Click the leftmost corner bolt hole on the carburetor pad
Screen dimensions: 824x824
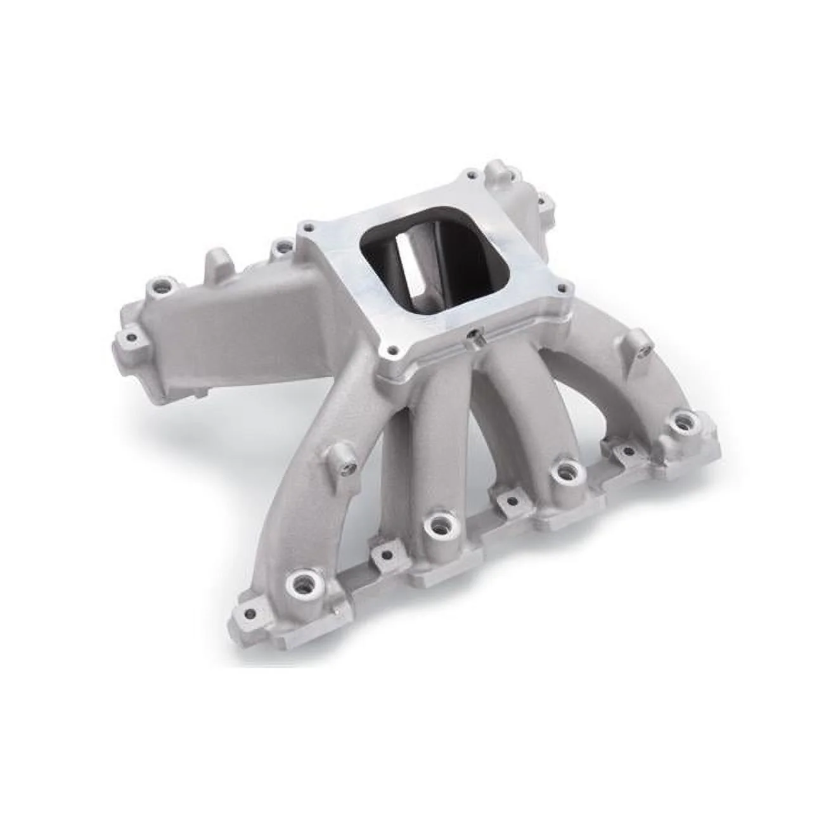point(308,226)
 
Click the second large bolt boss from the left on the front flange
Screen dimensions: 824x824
point(435,524)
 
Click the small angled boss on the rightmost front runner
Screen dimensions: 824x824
point(643,347)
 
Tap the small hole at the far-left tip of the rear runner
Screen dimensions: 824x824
point(131,337)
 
